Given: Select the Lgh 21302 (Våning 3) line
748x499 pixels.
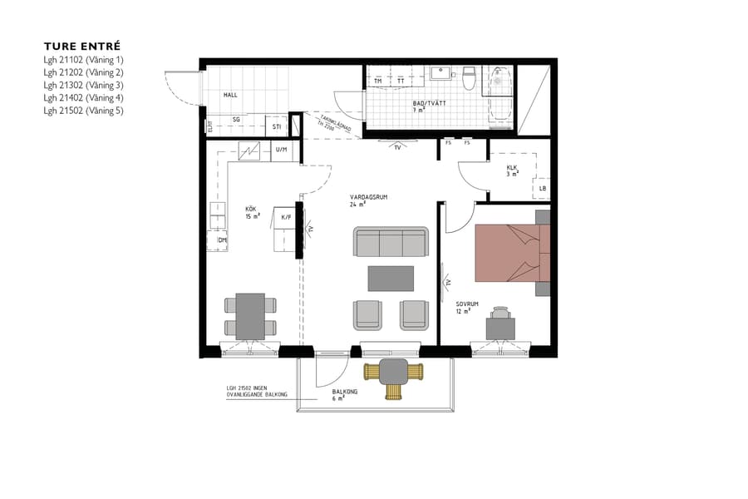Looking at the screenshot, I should pos(83,85).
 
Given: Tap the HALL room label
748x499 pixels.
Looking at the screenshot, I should pos(230,96).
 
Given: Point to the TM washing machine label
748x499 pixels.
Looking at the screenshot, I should pos(378,81).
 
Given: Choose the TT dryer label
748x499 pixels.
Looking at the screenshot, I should pos(401,81).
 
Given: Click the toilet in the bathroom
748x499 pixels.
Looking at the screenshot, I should pos(469,78).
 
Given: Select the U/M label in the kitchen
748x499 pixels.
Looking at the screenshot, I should pos(281,150).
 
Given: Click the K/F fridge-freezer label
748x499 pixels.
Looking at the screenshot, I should pos(286,218).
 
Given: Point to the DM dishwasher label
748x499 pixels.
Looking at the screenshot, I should pos(223,240).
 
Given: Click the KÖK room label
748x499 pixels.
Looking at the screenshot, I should pos(250,211).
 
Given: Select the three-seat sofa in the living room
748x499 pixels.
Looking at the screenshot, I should pos(391,242).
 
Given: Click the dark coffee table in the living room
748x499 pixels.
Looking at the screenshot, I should pos(391,278).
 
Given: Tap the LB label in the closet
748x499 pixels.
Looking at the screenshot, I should pos(542,189).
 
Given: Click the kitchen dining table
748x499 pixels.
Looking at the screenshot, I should pos(250,316).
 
